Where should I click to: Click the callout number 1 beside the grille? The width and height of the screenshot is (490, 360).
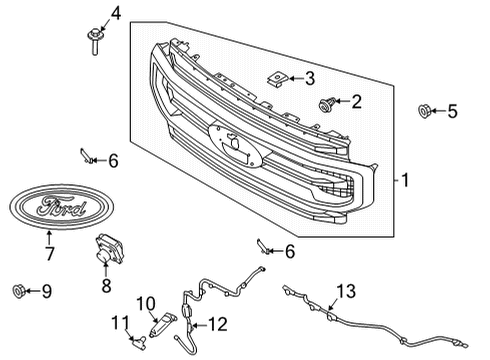[405, 180]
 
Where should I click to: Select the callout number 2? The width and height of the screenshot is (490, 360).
[357, 101]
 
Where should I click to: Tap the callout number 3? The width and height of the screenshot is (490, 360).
[309, 77]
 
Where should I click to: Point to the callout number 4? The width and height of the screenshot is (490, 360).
[115, 13]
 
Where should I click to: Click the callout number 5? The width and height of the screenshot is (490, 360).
[451, 111]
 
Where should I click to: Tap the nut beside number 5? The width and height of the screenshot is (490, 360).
[423, 111]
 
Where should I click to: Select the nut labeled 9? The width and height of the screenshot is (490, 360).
[18, 291]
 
